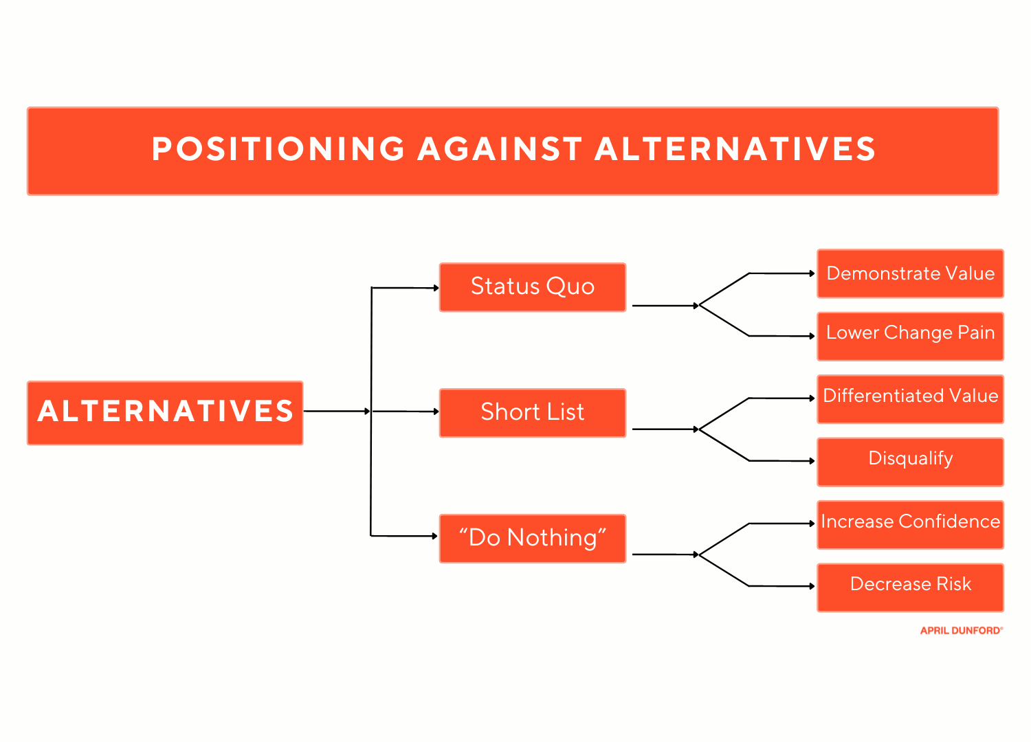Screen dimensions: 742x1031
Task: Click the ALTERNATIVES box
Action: coord(165,412)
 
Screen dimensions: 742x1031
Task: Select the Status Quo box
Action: coord(533,286)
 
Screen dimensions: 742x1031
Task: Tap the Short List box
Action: coord(533,412)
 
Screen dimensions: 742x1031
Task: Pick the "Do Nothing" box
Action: coord(533,538)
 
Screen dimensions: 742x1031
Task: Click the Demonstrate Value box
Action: coord(910,273)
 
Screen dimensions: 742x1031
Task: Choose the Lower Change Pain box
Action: coord(910,336)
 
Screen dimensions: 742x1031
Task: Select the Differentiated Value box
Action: coord(910,398)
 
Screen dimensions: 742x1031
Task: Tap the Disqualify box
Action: coord(910,461)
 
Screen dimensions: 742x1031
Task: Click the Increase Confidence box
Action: coord(910,524)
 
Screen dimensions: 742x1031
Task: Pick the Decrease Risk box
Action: coord(910,587)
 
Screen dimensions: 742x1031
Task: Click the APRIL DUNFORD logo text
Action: coord(961,631)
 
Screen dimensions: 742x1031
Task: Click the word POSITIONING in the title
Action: coord(278,149)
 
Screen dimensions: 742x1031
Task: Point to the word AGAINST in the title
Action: coord(500,149)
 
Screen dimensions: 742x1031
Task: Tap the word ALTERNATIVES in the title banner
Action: coord(735,149)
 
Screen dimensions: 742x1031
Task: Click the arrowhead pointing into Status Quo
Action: coord(436,288)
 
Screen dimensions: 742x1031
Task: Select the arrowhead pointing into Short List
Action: coord(436,412)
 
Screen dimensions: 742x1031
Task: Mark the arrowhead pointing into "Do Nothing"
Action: coord(435,536)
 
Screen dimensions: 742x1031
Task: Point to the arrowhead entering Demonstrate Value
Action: coord(812,273)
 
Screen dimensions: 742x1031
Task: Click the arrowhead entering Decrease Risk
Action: coord(812,586)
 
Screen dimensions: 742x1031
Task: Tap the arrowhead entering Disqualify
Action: coord(812,461)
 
